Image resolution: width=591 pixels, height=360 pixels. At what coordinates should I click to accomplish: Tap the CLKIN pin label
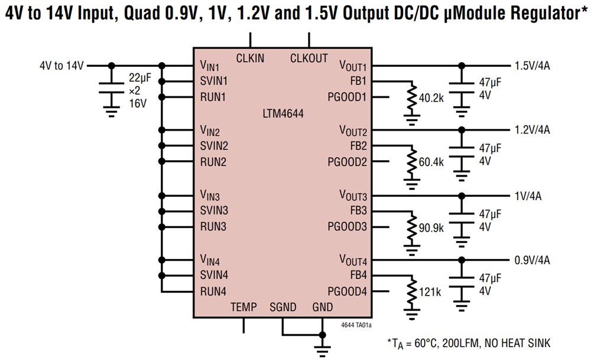250,58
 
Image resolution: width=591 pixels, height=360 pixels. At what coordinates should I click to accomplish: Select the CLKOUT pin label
309,58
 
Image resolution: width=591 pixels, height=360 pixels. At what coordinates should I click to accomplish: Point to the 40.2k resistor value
430,98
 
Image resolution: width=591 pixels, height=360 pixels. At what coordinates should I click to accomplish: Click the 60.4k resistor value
430,162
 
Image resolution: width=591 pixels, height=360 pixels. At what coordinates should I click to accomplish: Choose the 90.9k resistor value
430,227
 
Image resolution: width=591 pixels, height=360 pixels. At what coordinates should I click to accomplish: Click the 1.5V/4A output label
532,66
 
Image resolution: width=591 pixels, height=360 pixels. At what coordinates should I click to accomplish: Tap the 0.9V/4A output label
532,260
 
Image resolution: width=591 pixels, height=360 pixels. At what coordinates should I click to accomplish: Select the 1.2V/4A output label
532,130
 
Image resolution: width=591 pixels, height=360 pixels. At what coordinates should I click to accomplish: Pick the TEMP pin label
243,307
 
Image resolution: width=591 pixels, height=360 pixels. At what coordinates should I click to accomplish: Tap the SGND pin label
284,307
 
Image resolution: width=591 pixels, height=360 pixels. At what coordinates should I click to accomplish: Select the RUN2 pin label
213,162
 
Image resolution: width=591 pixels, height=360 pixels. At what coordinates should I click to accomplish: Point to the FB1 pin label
358,81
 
